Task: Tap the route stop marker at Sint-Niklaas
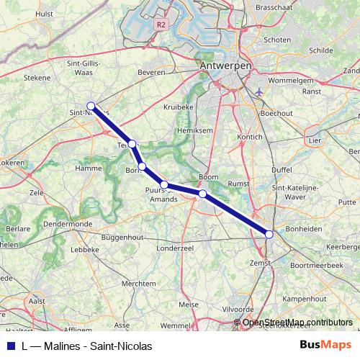pos(91,106)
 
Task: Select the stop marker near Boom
pos(203,194)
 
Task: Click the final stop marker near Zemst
pos(269,234)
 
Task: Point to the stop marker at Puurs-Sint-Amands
pos(164,185)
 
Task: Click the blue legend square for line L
pos(10,346)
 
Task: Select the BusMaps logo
pos(325,346)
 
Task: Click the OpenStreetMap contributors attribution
pos(297,322)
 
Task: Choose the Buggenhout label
pos(122,236)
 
